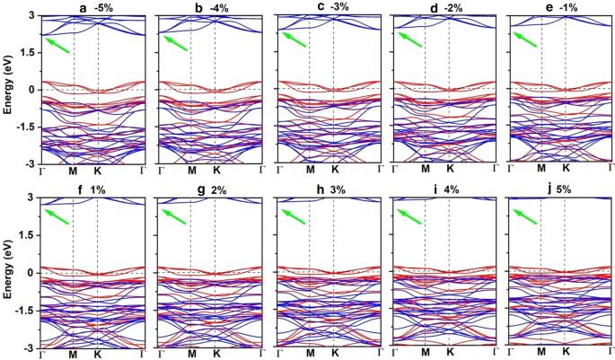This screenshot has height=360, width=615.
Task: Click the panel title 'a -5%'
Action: coord(94,8)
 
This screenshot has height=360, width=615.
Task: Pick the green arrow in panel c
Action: coord(294,40)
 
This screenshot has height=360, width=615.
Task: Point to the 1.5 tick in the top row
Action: coord(29,52)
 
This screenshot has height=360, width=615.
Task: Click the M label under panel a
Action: coord(74,170)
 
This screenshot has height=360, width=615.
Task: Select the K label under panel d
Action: coord(449,170)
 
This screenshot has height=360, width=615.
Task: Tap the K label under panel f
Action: coord(97,355)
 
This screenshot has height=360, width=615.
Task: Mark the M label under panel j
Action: coord(541,355)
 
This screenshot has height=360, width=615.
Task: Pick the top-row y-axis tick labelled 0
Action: coord(31,89)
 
